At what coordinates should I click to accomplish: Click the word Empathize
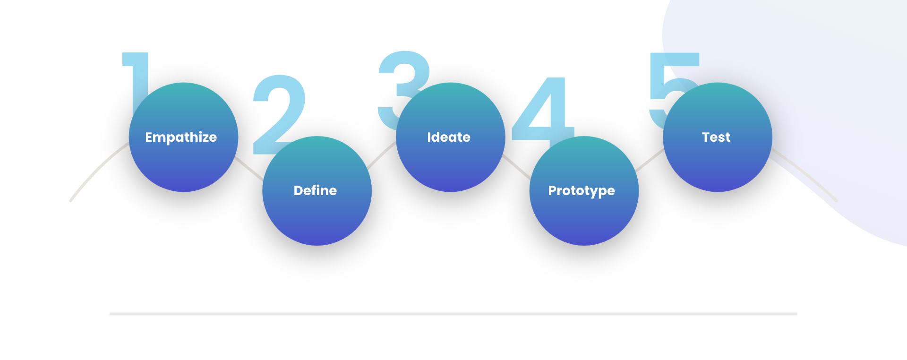pyautogui.click(x=181, y=137)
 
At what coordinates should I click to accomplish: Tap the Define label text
pyautogui.click(x=315, y=190)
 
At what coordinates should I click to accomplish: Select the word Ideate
pyautogui.click(x=449, y=137)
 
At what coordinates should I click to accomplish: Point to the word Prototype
pyautogui.click(x=582, y=191)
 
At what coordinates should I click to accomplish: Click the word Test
pyautogui.click(x=716, y=137)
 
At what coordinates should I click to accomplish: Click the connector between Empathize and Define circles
pyautogui.click(x=249, y=169)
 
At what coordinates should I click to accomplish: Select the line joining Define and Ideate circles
pyautogui.click(x=382, y=154)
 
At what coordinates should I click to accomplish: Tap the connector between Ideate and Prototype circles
pyautogui.click(x=516, y=167)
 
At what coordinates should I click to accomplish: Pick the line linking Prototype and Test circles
pyautogui.click(x=650, y=160)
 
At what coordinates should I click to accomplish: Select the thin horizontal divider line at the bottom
pyautogui.click(x=453, y=314)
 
